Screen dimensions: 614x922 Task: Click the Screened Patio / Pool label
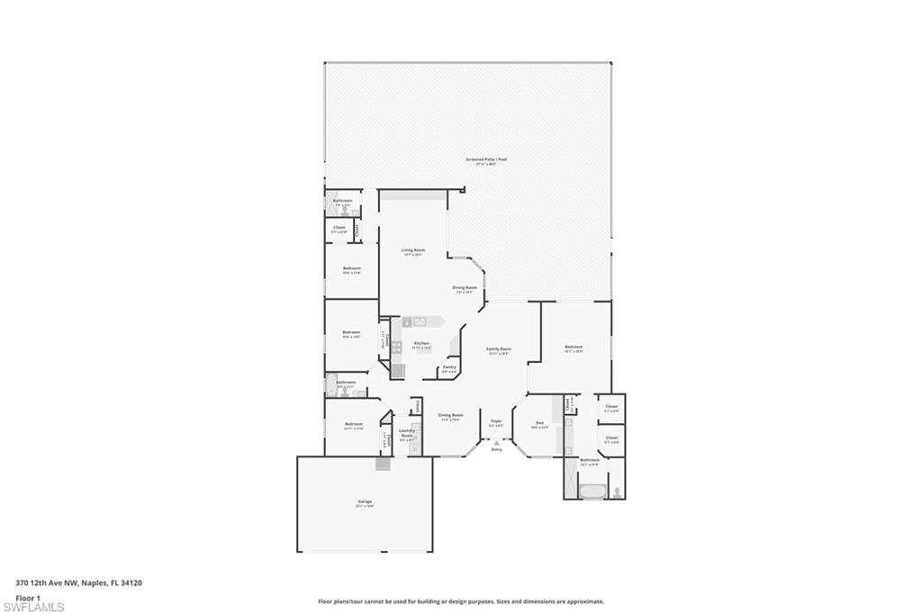486,160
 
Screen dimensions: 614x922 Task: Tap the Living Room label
413,251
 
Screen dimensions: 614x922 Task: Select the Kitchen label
420,344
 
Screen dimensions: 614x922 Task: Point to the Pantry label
449,367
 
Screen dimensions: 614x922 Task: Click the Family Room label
499,349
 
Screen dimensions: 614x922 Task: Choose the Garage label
365,502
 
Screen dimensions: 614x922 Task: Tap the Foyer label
496,421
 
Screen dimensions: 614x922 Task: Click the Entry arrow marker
496,442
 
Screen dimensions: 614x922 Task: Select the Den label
539,423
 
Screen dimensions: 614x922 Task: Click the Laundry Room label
406,433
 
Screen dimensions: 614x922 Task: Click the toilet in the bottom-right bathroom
617,492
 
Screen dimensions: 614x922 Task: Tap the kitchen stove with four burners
396,346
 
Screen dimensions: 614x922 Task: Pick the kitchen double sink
420,321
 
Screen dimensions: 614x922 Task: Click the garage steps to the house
384,463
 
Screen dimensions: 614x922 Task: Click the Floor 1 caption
28,597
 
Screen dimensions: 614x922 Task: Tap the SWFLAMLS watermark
33,607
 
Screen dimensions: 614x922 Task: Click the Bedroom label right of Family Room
574,348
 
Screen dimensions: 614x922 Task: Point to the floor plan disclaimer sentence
460,601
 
